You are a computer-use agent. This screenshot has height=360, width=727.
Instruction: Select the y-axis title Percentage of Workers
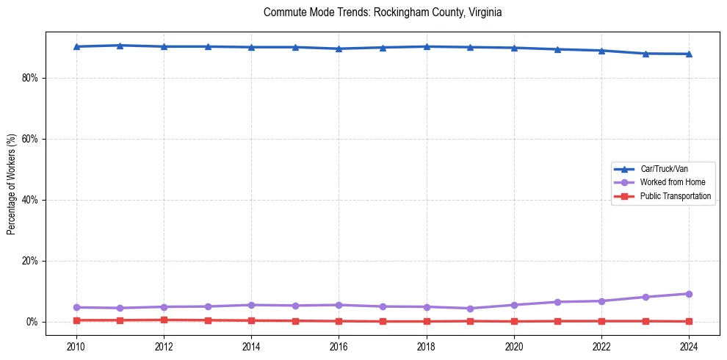pyautogui.click(x=11, y=184)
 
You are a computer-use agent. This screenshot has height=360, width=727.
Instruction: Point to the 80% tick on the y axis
pyautogui.click(x=29, y=78)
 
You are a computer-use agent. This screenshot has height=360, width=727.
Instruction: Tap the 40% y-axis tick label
pyautogui.click(x=29, y=200)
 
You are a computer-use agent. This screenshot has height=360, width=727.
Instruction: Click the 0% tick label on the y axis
pyautogui.click(x=31, y=322)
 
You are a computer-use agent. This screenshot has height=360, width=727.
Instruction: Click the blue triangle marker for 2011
pyautogui.click(x=120, y=46)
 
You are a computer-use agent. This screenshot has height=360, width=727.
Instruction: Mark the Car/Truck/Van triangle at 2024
pyautogui.click(x=689, y=54)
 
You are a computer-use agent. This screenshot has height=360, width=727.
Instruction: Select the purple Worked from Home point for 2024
pyautogui.click(x=689, y=294)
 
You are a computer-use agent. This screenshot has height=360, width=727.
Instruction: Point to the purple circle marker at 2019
pyautogui.click(x=470, y=309)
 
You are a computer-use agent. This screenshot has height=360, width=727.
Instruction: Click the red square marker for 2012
pyautogui.click(x=164, y=320)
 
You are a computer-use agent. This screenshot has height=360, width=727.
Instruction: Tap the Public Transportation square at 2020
pyautogui.click(x=514, y=321)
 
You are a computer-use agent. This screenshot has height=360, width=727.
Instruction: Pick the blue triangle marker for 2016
pyautogui.click(x=339, y=48)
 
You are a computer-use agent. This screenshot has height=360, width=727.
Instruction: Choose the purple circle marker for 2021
pyautogui.click(x=557, y=302)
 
